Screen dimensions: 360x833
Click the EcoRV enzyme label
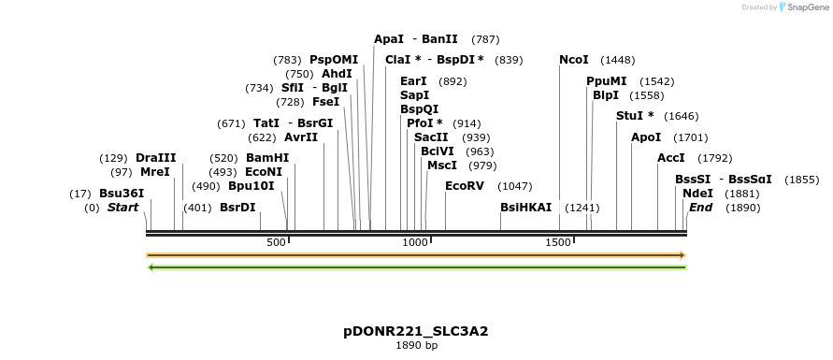point(465,186)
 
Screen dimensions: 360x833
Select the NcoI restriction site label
point(574,60)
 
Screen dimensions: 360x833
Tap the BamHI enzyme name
point(267,158)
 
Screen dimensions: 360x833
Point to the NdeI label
point(697,194)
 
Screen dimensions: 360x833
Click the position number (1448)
point(617,60)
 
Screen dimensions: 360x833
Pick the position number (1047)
point(515,186)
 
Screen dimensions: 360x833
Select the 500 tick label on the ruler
point(276,242)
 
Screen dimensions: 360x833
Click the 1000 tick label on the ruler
point(414,242)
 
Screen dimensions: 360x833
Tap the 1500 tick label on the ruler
point(558,242)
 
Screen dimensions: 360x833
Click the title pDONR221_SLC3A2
point(416,331)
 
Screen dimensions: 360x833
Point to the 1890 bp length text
point(416,346)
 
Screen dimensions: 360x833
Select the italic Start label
point(122,207)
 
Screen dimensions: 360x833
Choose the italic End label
point(700,207)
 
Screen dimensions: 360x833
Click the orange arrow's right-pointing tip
point(683,254)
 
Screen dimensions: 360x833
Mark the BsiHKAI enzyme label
point(526,207)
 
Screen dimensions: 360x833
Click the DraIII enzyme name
point(156,158)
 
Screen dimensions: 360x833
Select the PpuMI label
point(607,81)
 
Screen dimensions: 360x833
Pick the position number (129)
point(113,158)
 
